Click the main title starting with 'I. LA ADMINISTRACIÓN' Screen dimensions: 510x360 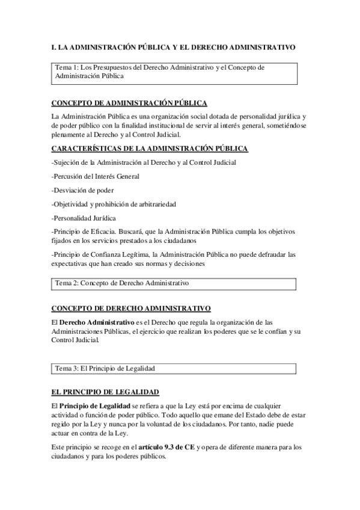[x=173, y=47]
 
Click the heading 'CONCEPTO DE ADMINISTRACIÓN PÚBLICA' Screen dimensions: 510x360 [x=129, y=103]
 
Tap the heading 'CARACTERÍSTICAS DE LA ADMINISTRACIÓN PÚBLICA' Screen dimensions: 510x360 [x=150, y=149]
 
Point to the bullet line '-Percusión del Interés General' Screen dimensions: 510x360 [x=96, y=176]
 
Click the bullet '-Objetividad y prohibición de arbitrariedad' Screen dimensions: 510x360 [x=114, y=204]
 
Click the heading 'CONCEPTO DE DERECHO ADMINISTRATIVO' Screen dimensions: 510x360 [x=130, y=309]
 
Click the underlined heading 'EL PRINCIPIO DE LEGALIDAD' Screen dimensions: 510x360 [x=105, y=392]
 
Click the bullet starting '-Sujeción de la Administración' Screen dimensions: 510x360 [x=144, y=162]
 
